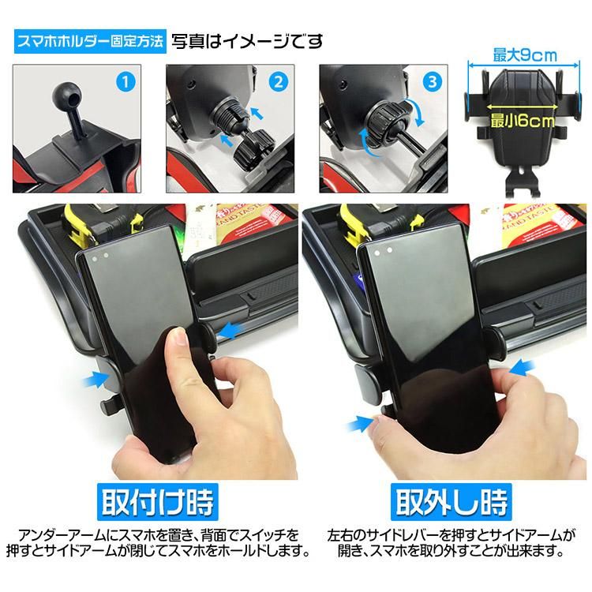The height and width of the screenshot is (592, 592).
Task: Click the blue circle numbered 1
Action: [x=125, y=82]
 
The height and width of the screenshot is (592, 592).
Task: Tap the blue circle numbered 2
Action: [x=278, y=82]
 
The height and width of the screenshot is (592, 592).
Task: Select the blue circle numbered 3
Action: [x=433, y=82]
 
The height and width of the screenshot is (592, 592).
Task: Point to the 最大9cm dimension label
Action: [x=525, y=55]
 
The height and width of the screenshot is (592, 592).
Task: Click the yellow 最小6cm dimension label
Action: [x=523, y=122]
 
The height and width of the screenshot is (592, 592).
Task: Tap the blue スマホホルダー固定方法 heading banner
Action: [x=90, y=41]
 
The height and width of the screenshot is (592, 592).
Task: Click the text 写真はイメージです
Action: [x=247, y=41]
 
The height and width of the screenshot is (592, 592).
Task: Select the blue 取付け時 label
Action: [x=157, y=502]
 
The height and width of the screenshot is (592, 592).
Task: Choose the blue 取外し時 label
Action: [x=451, y=502]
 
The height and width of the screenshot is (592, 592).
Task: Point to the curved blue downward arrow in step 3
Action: [x=417, y=112]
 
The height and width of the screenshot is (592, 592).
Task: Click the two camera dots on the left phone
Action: [x=100, y=257]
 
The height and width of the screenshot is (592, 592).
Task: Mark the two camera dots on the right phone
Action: [x=383, y=252]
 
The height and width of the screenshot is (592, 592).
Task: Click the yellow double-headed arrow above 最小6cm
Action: [x=523, y=107]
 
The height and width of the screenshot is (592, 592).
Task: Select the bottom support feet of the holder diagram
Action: [x=523, y=182]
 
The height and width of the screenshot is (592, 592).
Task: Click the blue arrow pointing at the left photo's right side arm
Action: [x=230, y=331]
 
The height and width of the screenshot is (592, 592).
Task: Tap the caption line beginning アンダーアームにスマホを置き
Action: [x=159, y=535]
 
